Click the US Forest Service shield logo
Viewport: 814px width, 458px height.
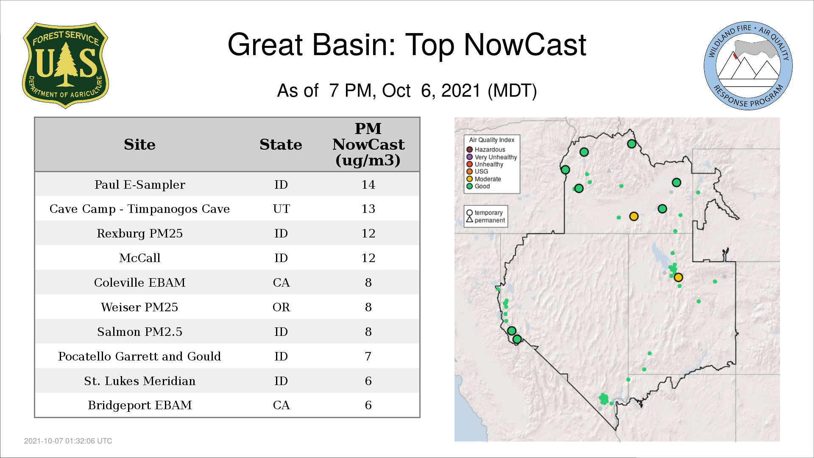(65, 66)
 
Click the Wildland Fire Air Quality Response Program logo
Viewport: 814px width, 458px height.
(748, 66)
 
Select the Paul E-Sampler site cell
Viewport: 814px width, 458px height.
(140, 185)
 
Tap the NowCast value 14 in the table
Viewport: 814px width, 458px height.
(368, 185)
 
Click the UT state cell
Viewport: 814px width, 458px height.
(282, 209)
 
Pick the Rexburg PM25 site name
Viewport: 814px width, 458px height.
(140, 234)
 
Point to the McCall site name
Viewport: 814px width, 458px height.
(140, 258)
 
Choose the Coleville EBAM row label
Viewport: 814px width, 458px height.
(140, 283)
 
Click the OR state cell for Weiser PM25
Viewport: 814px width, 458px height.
(282, 307)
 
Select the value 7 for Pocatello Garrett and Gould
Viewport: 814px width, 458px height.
(368, 357)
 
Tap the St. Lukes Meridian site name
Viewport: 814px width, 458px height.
(140, 381)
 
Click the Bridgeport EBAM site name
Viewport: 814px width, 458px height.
(140, 405)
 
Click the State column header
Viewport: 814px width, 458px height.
(281, 145)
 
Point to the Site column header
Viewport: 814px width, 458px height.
(139, 145)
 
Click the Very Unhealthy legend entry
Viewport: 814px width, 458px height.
(492, 157)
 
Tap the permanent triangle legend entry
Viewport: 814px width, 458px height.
(485, 221)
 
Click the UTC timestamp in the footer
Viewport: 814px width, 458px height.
(68, 441)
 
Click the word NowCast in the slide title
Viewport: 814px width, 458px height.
(525, 45)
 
